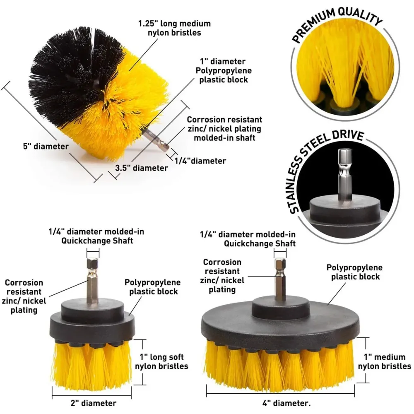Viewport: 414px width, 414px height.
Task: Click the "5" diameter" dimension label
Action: click(46, 146)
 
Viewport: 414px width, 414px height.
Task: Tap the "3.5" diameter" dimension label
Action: click(142, 168)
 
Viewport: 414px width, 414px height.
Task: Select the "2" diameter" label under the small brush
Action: click(94, 403)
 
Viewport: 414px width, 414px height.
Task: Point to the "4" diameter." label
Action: click(286, 403)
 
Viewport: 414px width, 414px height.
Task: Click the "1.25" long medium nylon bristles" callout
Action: click(175, 28)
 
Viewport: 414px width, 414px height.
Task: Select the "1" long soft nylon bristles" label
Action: click(161, 362)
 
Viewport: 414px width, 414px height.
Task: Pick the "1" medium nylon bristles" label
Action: click(385, 362)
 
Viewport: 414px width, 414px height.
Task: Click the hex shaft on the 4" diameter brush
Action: click(280, 279)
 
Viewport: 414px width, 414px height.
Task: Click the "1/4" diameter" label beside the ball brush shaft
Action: click(200, 161)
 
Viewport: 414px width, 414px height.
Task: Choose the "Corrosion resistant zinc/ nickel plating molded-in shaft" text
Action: click(224, 129)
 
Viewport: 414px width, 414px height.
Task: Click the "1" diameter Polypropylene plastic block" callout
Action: click(224, 70)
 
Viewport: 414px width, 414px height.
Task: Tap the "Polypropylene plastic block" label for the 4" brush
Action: click(355, 272)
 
